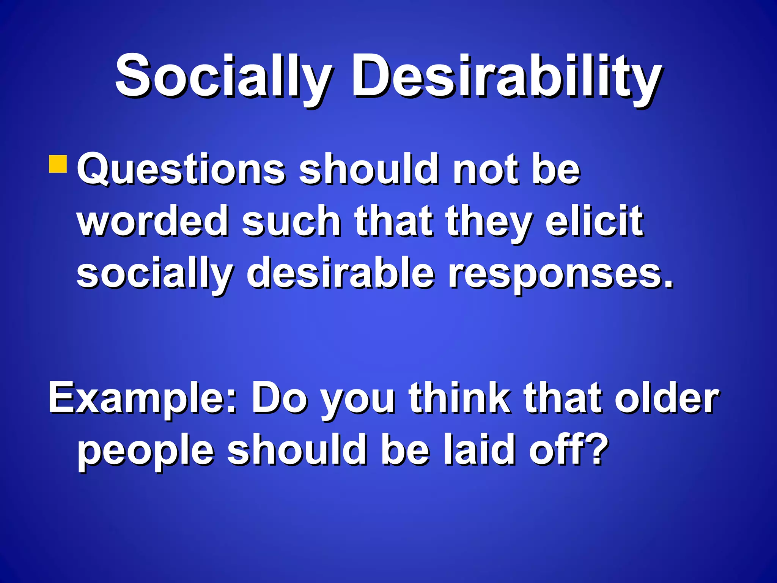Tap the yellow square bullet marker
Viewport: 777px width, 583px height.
pos(58,164)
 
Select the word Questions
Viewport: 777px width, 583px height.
pos(181,170)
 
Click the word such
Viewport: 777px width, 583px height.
pos(291,221)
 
